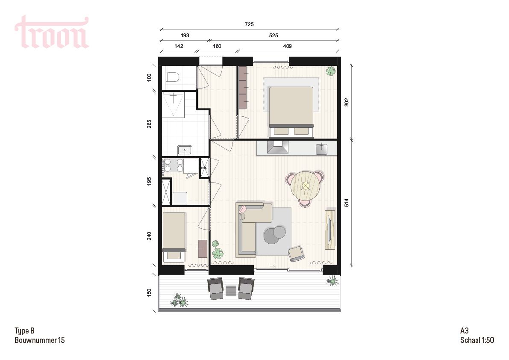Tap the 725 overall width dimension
point(250,24)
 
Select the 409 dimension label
point(287,46)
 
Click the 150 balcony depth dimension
point(149,293)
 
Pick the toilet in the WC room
point(172,77)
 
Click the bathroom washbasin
point(185,150)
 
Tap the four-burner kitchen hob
point(173,165)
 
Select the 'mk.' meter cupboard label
point(204,168)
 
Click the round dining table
point(306,186)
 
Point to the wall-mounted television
point(330,229)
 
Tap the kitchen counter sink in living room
point(321,148)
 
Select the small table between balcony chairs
point(231,291)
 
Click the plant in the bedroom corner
point(330,71)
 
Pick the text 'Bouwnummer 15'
point(40,340)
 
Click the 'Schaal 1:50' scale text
point(477,340)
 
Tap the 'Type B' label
point(24,331)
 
